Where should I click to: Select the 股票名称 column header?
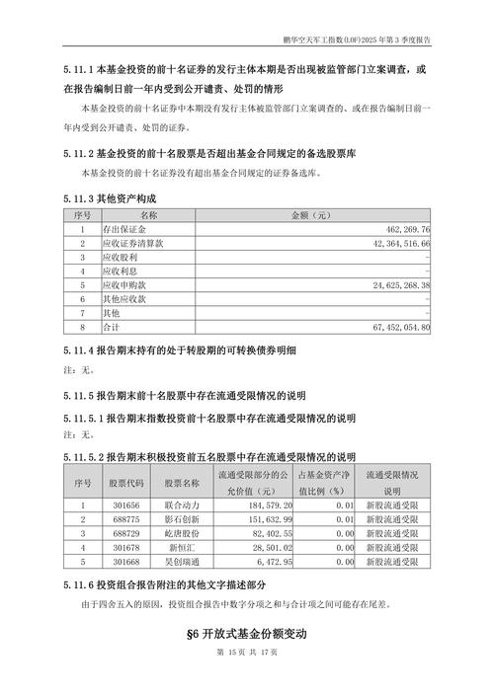(x=182, y=483)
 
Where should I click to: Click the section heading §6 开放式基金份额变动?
(x=247, y=632)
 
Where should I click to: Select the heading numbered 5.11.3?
(x=109, y=197)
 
